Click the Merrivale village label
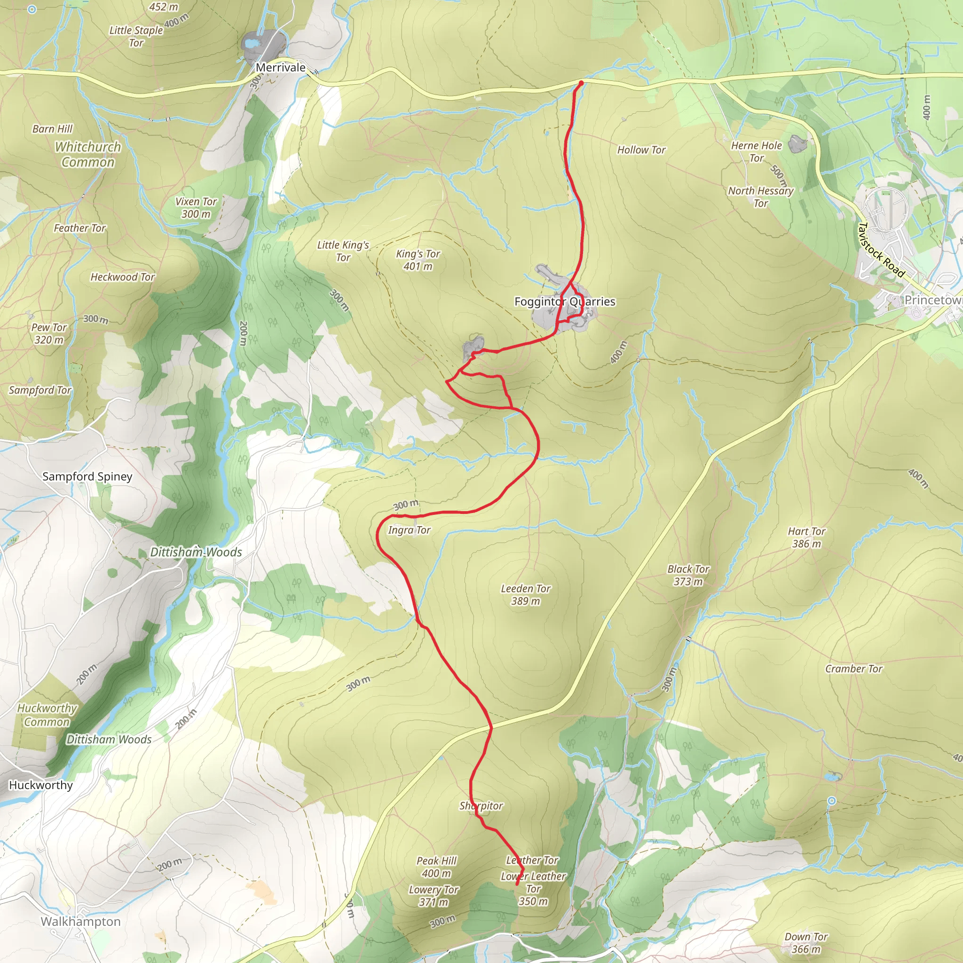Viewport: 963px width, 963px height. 281,68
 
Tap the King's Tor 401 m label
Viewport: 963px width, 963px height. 418,260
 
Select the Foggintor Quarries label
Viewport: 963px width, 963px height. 565,301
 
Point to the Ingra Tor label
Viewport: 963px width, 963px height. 409,530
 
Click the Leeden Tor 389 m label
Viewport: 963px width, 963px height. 525,595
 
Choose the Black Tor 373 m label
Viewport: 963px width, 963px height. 688,575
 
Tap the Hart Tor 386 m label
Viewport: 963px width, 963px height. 806,537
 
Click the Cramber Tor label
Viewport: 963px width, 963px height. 853,669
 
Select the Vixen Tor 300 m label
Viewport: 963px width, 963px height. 196,208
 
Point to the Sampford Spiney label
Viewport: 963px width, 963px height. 87,476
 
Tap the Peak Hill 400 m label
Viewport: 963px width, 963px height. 436,867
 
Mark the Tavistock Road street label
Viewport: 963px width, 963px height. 881,250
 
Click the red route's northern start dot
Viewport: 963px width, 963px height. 581,83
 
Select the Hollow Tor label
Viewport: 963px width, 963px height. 641,150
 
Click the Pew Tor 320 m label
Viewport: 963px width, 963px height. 49,333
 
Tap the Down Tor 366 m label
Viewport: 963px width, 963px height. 806,943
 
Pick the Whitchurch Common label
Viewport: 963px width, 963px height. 88,155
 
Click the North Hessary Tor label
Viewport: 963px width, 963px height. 761,197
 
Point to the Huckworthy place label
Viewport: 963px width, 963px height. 41,785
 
